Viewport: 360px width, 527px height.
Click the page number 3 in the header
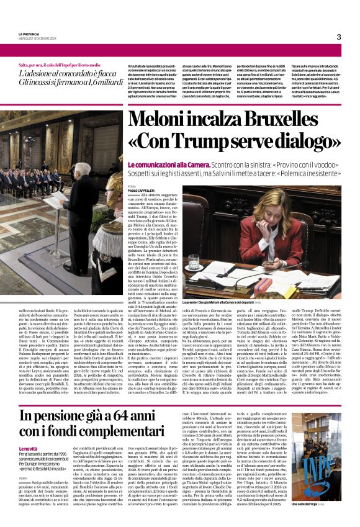(339, 37)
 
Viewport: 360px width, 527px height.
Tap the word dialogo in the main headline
(305, 139)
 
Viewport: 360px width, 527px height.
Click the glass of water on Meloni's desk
(193, 263)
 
